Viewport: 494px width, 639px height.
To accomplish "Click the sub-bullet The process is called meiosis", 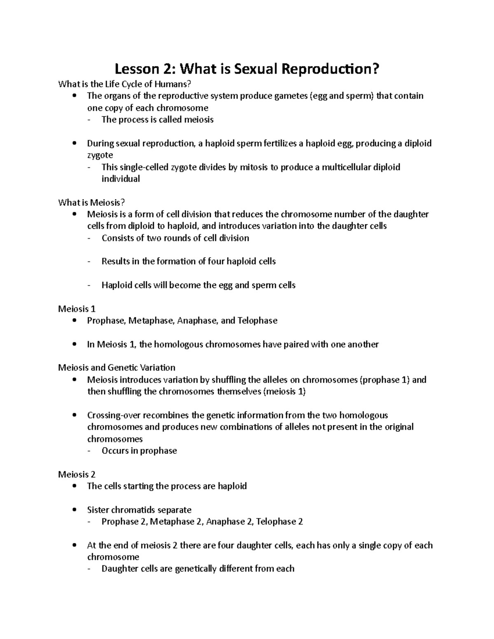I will [x=158, y=120].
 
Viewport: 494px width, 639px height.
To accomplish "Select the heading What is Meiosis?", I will [x=91, y=202].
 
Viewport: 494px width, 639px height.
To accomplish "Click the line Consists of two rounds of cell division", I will [x=175, y=238].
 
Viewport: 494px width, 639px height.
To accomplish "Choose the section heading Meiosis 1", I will [x=77, y=309].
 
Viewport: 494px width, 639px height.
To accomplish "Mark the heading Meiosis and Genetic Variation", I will [x=117, y=367].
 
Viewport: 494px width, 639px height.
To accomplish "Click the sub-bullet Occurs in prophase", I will [x=139, y=451].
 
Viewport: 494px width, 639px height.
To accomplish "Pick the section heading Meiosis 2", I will [x=77, y=474].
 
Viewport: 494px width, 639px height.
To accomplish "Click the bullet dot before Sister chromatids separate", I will [x=74, y=510].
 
